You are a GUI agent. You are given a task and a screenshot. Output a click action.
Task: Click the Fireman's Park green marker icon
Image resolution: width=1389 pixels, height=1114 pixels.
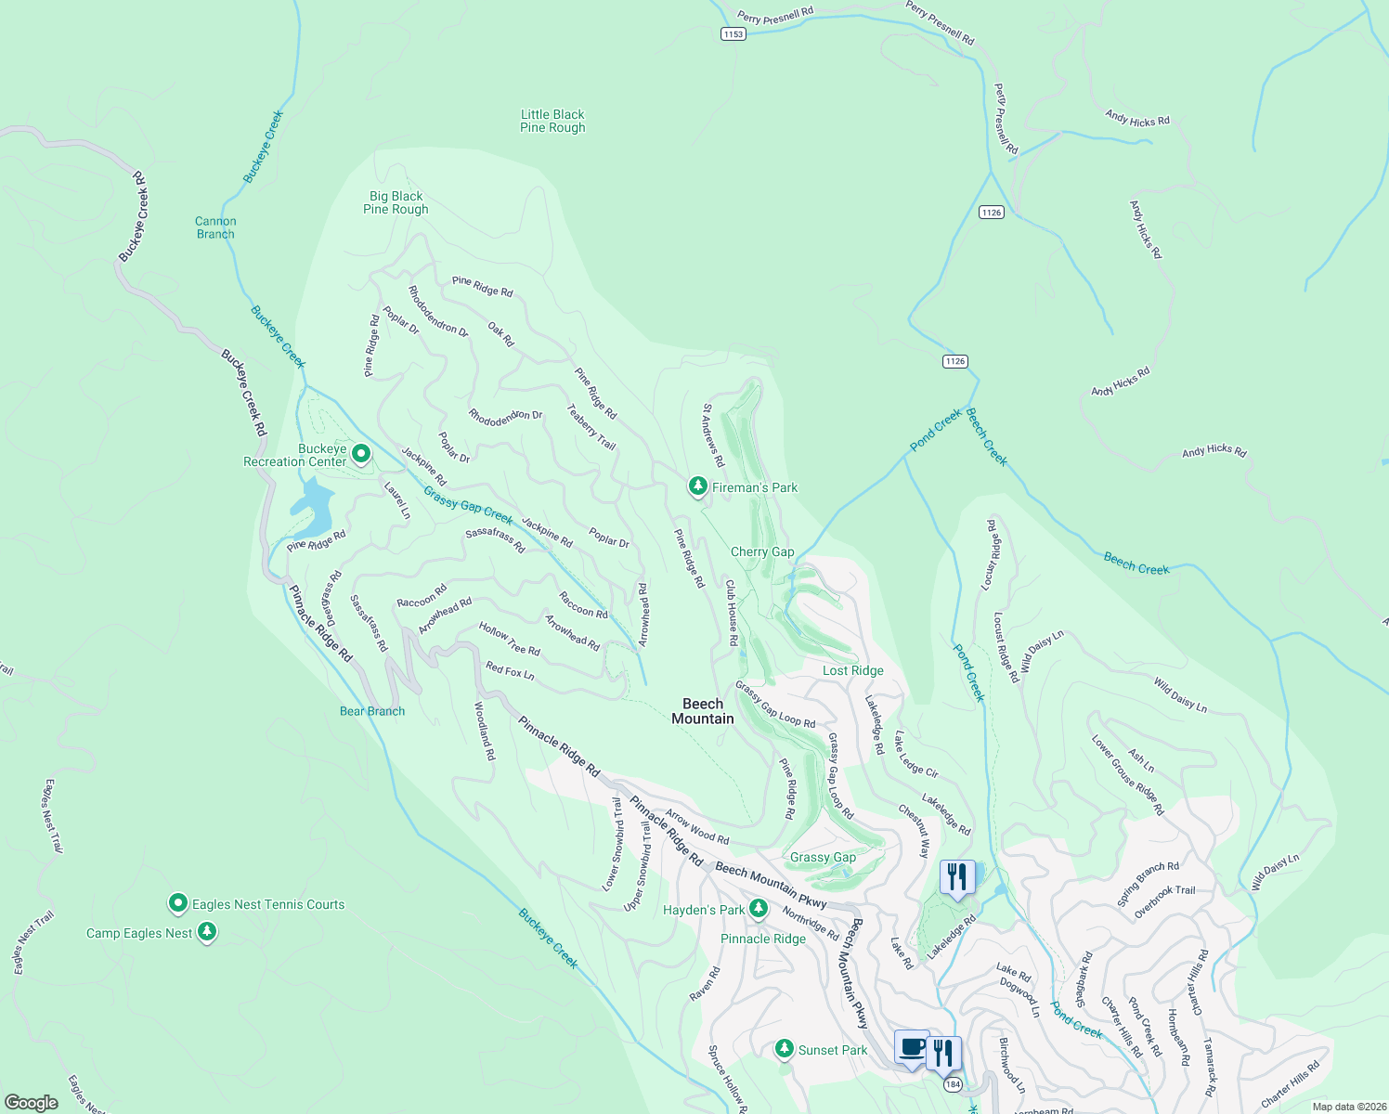[697, 486]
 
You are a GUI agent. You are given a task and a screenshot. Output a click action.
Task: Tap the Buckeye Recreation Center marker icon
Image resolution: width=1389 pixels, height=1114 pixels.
[361, 454]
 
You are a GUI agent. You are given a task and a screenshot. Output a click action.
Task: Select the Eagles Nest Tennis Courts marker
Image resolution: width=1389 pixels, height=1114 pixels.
[178, 903]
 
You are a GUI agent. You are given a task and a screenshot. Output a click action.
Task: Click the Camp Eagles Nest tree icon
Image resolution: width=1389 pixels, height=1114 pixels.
[207, 931]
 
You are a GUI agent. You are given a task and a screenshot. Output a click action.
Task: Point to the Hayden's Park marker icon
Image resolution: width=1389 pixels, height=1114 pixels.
[759, 908]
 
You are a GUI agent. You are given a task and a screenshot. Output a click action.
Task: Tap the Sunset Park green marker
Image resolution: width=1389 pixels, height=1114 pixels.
[785, 1049]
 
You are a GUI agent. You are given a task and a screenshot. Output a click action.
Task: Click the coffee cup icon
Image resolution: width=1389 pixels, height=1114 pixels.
[912, 1048]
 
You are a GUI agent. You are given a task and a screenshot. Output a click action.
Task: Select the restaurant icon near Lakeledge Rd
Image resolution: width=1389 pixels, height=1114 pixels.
[956, 875]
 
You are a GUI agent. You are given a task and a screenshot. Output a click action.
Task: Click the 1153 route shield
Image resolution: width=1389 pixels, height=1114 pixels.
[733, 33]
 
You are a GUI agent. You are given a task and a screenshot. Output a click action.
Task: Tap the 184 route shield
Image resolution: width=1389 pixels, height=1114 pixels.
[952, 1083]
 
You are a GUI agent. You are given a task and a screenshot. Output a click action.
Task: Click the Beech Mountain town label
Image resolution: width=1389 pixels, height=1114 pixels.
[703, 711]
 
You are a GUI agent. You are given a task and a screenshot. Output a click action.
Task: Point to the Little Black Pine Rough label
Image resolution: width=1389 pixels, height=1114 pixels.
[552, 121]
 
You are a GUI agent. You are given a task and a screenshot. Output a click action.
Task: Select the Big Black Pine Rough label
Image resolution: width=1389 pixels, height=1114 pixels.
[396, 202]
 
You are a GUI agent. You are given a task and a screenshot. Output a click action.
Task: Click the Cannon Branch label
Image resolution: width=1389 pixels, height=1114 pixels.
[215, 227]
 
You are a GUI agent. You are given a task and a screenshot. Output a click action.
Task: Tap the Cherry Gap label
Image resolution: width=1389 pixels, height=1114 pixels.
[762, 551]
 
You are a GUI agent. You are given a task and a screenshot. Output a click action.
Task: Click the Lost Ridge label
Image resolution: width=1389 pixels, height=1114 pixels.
[852, 670]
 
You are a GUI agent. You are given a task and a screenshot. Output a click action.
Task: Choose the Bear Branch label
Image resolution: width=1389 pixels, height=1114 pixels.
[372, 711]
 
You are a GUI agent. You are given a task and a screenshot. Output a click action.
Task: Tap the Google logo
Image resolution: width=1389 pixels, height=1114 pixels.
[32, 1102]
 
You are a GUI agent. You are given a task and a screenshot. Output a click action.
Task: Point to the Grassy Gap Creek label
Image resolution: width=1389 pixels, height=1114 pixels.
[468, 505]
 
